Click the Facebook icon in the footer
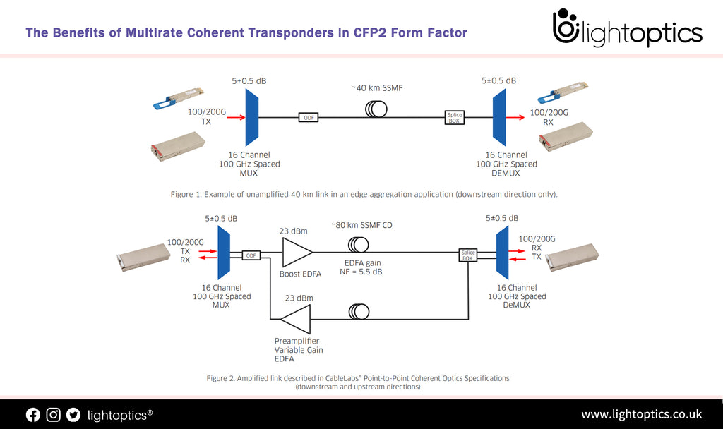[x=33, y=415]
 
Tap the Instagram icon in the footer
[x=54, y=415]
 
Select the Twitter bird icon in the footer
[x=73, y=415]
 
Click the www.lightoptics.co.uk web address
[x=641, y=414]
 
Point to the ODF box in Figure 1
[x=309, y=118]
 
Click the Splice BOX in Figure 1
[x=455, y=118]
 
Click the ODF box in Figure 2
[x=250, y=255]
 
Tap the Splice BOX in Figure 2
[x=468, y=255]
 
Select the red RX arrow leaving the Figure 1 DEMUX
[x=515, y=118]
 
